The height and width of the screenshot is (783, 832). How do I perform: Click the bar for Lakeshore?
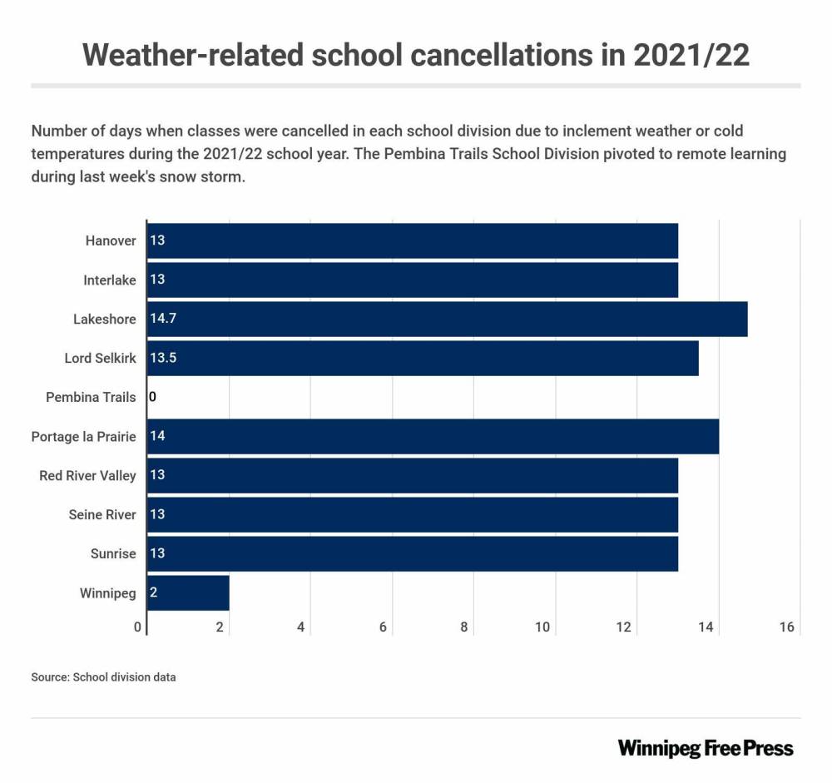click(447, 319)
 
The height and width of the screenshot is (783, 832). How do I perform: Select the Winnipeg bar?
click(188, 592)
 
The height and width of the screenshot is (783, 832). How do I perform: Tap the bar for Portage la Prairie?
click(433, 436)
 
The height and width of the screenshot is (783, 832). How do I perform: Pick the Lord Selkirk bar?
click(423, 358)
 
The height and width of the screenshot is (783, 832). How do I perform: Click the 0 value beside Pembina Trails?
click(152, 397)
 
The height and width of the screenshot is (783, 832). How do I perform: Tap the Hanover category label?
click(110, 240)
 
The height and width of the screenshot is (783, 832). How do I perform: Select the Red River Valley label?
click(87, 475)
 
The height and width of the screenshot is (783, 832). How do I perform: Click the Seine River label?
click(102, 514)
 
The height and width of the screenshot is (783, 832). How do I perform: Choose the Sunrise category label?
click(113, 553)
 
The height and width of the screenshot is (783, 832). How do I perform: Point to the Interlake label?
click(109, 280)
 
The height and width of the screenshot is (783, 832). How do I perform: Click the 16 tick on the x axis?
click(787, 627)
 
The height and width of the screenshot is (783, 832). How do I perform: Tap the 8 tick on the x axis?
click(464, 627)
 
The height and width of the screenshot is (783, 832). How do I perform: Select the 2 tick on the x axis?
click(220, 627)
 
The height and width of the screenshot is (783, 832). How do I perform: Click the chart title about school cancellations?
click(416, 55)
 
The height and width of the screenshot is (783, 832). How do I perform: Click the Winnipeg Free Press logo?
click(706, 747)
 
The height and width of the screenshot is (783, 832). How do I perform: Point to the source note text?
click(103, 676)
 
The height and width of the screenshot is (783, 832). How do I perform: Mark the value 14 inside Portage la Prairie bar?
click(156, 436)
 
